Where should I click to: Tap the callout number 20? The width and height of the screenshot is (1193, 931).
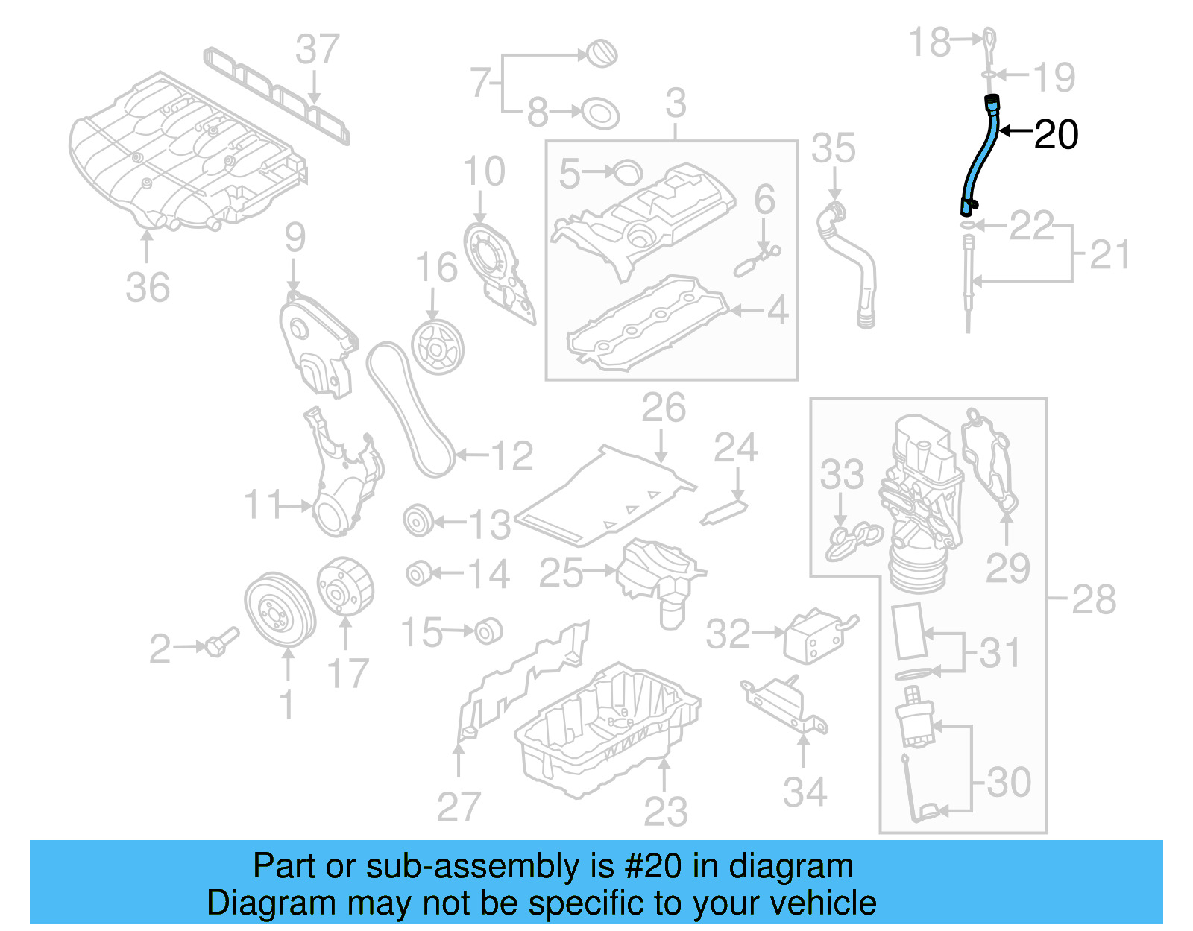[1056, 135]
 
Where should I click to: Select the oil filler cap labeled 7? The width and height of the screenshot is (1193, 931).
[602, 54]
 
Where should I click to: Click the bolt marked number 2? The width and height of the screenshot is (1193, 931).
[221, 643]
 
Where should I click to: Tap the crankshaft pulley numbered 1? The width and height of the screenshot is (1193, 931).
[280, 611]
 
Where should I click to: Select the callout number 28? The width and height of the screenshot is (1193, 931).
[1093, 599]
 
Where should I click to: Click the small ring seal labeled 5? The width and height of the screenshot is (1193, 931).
[629, 172]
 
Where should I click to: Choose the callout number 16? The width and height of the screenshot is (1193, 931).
[436, 268]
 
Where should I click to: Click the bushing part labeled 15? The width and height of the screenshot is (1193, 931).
[489, 631]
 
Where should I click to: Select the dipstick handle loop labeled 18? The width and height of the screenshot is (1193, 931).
[988, 42]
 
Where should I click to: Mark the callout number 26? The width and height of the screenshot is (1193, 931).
[664, 408]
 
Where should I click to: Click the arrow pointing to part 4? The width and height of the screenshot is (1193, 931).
[746, 310]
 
